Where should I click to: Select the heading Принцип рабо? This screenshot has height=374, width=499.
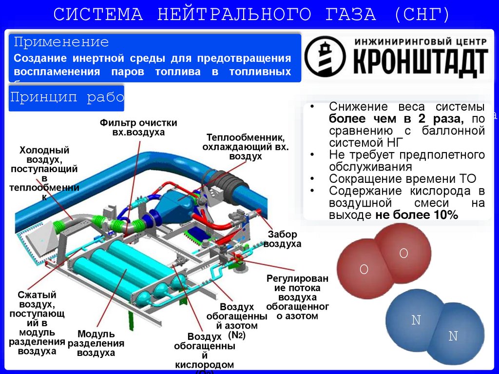(67, 98)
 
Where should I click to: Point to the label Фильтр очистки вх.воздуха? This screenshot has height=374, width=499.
(138, 127)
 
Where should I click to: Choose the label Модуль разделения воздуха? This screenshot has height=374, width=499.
(96, 343)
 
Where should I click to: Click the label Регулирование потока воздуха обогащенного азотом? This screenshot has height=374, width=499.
(297, 297)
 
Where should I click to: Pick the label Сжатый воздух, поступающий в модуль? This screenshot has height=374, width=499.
(37, 323)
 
